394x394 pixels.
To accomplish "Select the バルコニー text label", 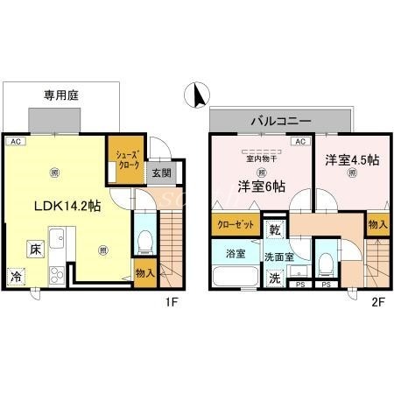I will pos(279,118).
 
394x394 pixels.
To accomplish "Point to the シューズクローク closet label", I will pos(123,161).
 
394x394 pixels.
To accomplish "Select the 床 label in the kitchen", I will pos(34,249).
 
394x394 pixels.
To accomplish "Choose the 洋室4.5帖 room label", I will pos(352,160).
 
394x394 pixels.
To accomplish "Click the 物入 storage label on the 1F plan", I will pos(146,273).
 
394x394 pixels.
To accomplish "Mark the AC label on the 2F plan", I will pos(299,142).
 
